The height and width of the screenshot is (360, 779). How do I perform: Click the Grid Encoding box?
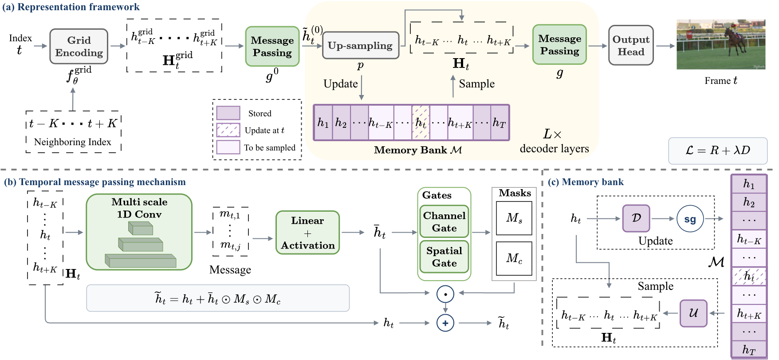click(79, 46)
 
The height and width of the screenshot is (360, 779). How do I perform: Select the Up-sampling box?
click(360, 45)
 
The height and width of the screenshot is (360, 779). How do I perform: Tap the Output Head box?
click(631, 45)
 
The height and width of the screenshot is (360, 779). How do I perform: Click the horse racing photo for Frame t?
click(721, 44)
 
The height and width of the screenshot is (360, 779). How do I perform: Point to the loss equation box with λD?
click(718, 150)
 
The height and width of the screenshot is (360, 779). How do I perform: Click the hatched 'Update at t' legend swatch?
click(228, 130)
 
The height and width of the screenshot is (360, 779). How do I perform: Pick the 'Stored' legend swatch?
click(228, 113)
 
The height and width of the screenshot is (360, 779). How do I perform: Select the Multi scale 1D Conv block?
click(139, 232)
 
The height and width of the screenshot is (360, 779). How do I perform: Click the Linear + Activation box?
click(307, 233)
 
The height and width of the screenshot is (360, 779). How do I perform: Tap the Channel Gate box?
click(444, 222)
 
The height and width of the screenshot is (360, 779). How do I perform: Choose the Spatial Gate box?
click(444, 257)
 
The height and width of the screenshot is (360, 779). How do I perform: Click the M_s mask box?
click(514, 218)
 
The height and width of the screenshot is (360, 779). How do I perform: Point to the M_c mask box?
click(514, 258)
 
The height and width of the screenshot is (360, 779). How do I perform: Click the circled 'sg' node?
click(690, 219)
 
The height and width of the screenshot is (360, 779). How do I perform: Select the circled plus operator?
click(445, 323)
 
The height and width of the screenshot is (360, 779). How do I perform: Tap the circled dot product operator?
click(445, 294)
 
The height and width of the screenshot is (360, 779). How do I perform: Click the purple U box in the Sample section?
click(693, 313)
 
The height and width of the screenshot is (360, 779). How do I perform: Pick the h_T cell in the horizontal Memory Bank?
click(500, 123)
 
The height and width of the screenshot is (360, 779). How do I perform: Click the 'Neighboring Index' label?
click(73, 142)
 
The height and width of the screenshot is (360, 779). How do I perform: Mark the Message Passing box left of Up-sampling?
click(272, 46)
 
